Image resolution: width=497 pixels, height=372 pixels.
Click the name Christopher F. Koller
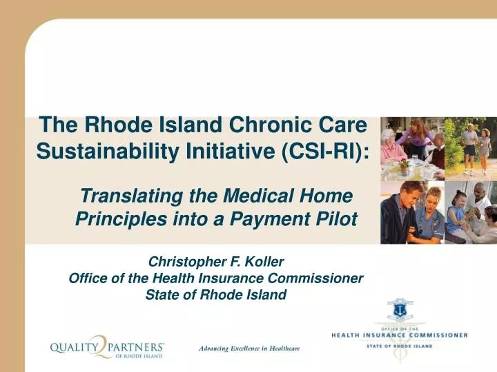[216, 262]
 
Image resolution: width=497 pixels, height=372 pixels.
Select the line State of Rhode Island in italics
[216, 295]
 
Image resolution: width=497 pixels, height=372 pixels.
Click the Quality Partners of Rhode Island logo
[107, 349]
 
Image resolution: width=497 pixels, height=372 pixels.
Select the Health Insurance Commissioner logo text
[399, 335]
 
